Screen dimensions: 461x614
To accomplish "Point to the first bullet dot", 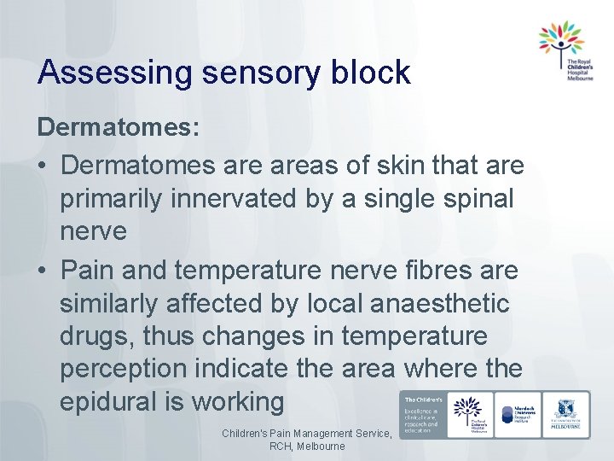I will (x=43, y=164).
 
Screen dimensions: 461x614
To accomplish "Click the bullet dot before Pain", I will (x=43, y=271).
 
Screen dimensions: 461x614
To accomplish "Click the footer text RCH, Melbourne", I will (x=307, y=446).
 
